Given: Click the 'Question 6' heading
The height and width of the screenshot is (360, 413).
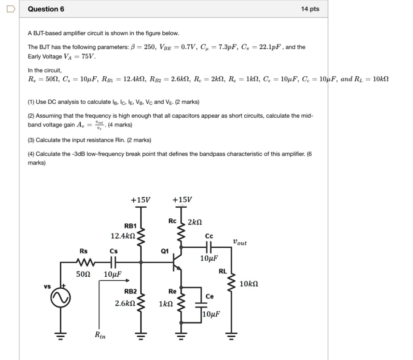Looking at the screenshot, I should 46,9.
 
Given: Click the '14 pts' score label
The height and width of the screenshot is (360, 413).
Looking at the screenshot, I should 310,9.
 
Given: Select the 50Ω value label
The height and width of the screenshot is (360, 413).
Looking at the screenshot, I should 83,274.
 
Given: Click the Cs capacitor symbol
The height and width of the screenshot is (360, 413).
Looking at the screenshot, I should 114,262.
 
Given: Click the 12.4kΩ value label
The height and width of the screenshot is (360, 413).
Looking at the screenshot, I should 123,235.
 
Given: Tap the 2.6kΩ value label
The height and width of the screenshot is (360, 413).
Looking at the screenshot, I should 125,303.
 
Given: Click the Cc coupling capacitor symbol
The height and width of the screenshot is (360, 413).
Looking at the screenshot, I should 209,245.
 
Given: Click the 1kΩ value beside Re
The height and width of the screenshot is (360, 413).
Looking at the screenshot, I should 165,303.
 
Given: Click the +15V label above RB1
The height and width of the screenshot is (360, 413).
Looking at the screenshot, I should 141,200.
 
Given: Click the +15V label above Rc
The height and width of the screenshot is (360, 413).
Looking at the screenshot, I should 182,200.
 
